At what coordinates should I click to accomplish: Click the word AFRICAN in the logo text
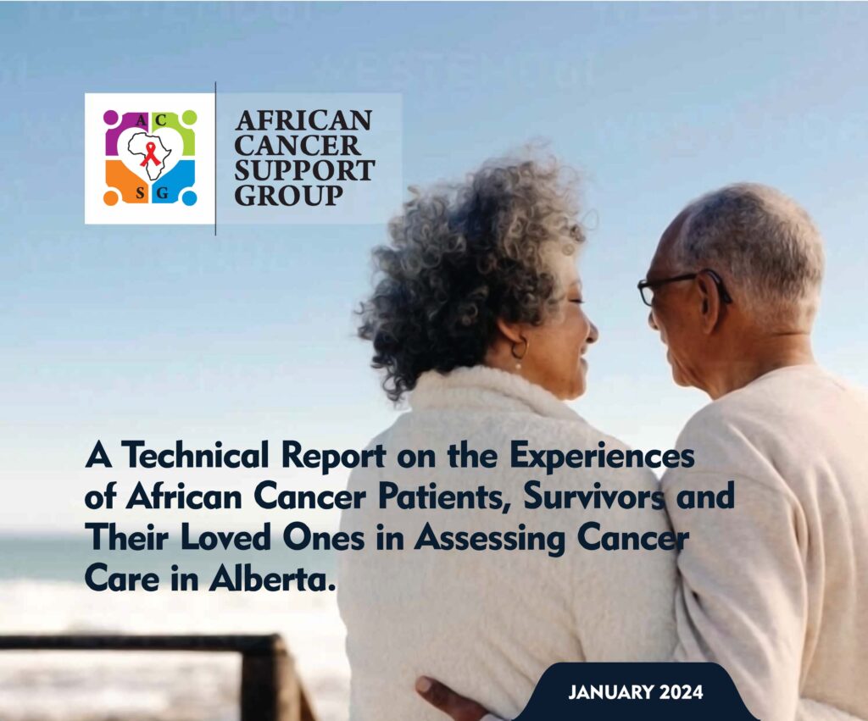pos(303,120)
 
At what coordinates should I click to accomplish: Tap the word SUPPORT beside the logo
pos(304,170)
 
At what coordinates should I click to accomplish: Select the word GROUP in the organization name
pos(288,196)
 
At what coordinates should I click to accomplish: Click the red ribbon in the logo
pos(149,154)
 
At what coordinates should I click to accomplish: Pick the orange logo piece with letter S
pos(125,183)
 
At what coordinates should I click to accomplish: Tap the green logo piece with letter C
pos(175,131)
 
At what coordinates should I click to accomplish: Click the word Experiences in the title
pos(602,457)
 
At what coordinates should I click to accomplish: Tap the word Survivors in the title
pos(594,496)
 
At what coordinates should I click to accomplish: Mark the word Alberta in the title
pos(273,579)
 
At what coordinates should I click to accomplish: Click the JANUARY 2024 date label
pos(636,692)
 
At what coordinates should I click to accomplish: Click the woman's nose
pos(592,330)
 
